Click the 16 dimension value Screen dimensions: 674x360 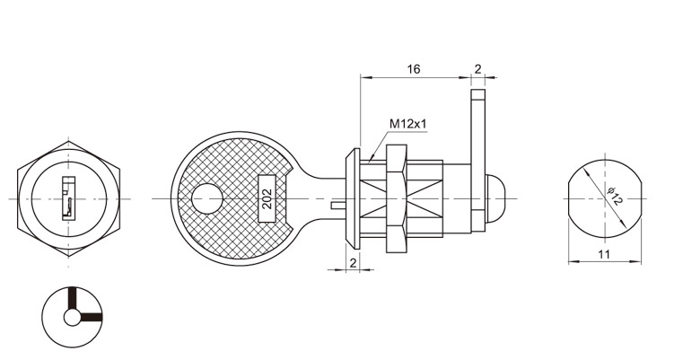pos(414,69)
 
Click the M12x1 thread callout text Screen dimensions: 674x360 pos(408,124)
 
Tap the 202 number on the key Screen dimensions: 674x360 pos(267,198)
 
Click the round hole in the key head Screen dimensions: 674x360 pos(206,198)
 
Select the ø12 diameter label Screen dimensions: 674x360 pos(613,196)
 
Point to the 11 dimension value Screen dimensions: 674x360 pos(604,254)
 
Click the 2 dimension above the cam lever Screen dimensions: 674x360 pos(478,69)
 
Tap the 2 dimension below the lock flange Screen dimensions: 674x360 pos(353,263)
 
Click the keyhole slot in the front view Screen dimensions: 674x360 pos(69,198)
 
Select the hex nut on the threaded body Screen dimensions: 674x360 pos(397,198)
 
